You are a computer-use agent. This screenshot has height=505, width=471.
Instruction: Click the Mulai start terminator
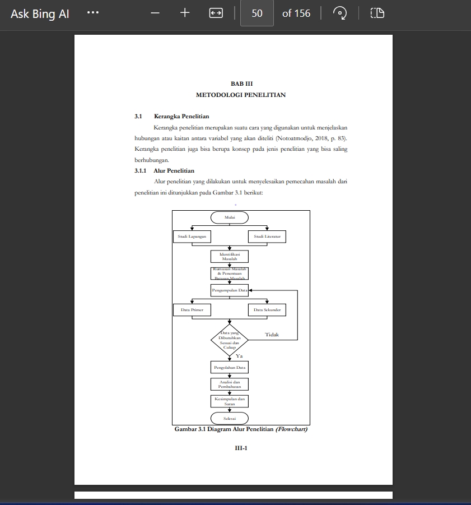[x=229, y=217]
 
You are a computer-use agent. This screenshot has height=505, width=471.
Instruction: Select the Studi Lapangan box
[x=192, y=237]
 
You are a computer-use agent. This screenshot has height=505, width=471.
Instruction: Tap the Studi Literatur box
[x=267, y=237]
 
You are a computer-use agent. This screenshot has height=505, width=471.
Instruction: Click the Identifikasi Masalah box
[x=229, y=257]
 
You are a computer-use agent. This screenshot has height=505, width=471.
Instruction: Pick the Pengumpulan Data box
[x=229, y=290]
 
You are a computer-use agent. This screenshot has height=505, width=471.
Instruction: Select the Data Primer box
[x=192, y=309]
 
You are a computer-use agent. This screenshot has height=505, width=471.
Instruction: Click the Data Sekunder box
[x=267, y=309]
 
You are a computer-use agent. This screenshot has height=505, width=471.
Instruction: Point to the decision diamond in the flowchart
[x=229, y=340]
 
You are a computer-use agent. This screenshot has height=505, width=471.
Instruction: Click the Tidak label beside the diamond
[x=272, y=335]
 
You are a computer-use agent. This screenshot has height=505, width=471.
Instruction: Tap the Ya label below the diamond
[x=239, y=356]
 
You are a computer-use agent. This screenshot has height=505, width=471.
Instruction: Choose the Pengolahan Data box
[x=229, y=368]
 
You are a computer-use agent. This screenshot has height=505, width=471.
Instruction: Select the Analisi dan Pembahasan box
[x=229, y=384]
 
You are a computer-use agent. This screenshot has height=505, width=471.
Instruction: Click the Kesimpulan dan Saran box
[x=229, y=401]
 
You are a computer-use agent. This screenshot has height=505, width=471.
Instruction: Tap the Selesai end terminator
[x=229, y=418]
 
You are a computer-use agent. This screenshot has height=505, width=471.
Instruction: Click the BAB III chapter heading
[x=241, y=84]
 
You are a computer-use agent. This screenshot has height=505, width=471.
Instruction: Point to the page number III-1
[x=241, y=448]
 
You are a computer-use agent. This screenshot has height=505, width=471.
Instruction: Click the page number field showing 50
[x=257, y=13]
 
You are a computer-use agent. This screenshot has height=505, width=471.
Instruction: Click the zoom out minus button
[x=156, y=13]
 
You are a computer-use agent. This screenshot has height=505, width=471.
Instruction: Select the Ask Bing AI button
[x=40, y=13]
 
